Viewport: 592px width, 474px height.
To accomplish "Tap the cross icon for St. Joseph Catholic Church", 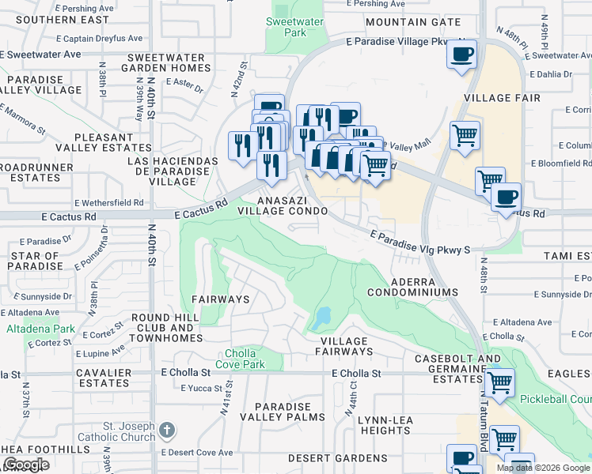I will (165, 431).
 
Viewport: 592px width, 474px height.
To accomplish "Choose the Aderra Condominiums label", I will (413, 287).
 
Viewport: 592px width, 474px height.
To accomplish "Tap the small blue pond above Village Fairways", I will (321, 318).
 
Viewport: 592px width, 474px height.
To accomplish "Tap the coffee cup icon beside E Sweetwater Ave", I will (461, 55).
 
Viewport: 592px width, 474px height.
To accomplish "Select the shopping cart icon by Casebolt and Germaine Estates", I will (499, 382).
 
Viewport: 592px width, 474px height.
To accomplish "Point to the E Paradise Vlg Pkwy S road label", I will (421, 241).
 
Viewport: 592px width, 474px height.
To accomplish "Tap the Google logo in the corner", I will (25, 465).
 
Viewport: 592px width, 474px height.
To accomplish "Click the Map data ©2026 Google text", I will (543, 468).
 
